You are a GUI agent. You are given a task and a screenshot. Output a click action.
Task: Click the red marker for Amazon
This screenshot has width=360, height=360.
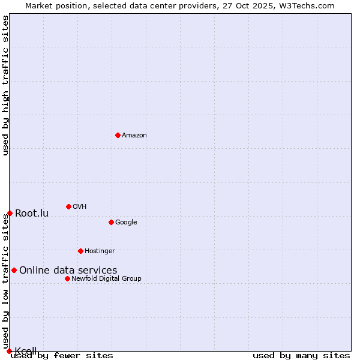(x=118, y=135)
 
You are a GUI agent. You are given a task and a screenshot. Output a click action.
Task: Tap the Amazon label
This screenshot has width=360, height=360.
(x=134, y=135)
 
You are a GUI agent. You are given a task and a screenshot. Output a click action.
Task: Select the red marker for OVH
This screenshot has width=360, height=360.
(x=68, y=206)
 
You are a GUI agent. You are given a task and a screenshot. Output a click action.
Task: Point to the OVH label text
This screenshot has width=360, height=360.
(x=79, y=206)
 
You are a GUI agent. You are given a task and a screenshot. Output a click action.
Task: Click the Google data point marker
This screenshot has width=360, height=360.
(x=111, y=222)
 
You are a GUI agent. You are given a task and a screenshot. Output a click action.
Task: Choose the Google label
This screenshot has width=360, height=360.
(x=126, y=222)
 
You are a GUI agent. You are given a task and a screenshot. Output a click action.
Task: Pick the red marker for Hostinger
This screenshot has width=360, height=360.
(x=80, y=251)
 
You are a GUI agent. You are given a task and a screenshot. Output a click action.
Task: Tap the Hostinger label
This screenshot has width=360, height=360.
(x=100, y=251)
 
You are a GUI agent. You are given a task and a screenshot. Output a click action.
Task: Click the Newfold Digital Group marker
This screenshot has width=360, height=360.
(x=67, y=278)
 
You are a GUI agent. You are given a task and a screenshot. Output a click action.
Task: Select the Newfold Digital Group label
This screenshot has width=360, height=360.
(x=106, y=278)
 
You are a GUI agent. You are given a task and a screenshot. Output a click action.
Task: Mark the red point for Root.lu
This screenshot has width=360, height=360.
(x=10, y=213)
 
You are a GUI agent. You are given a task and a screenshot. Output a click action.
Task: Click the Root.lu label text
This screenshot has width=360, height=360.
(x=32, y=213)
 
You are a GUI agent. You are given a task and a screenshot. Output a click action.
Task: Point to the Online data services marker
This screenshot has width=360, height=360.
(x=14, y=270)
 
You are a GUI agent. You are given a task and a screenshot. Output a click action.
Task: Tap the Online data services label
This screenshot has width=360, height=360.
(x=68, y=270)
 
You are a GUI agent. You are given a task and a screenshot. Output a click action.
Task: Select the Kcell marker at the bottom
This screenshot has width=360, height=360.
(x=9, y=351)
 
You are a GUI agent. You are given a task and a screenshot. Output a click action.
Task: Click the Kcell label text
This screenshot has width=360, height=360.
(x=26, y=350)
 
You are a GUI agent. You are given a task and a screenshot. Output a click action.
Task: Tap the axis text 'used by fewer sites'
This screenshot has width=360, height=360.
(x=62, y=356)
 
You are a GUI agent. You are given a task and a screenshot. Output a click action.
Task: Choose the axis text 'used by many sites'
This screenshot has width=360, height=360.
(x=301, y=356)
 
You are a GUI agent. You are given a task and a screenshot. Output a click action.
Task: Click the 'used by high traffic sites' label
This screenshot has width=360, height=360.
(x=5, y=85)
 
